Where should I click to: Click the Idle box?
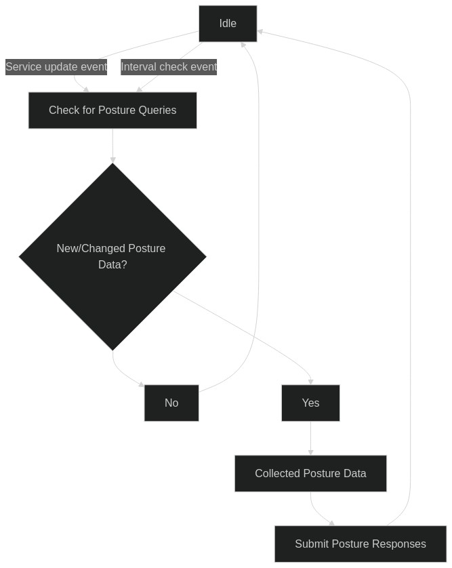pyautogui.click(x=228, y=24)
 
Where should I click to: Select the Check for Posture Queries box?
pyautogui.click(x=112, y=110)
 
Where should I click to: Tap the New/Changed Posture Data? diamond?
pyautogui.click(x=112, y=257)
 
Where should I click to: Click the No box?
pyautogui.click(x=171, y=403)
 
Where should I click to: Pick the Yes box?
pyautogui.click(x=311, y=403)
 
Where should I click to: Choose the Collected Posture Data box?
pyautogui.click(x=311, y=474)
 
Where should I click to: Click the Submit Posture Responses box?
pyautogui.click(x=361, y=544)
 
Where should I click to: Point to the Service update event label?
pyautogui.click(x=56, y=67)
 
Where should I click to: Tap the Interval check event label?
pyautogui.click(x=169, y=67)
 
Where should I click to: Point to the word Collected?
pyautogui.click(x=277, y=474)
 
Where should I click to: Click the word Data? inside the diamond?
pyautogui.click(x=112, y=265)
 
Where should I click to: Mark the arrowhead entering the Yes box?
pyautogui.click(x=311, y=382)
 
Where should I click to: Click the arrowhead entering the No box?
pyautogui.click(x=142, y=384)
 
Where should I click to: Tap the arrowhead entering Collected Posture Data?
pyautogui.click(x=311, y=453)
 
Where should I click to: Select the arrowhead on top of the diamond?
pyautogui.click(x=112, y=160)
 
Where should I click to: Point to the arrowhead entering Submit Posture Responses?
pyautogui.click(x=332, y=523)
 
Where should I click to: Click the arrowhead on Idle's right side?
pyautogui.click(x=260, y=32)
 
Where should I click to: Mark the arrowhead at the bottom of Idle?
pyautogui.click(x=243, y=45)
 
